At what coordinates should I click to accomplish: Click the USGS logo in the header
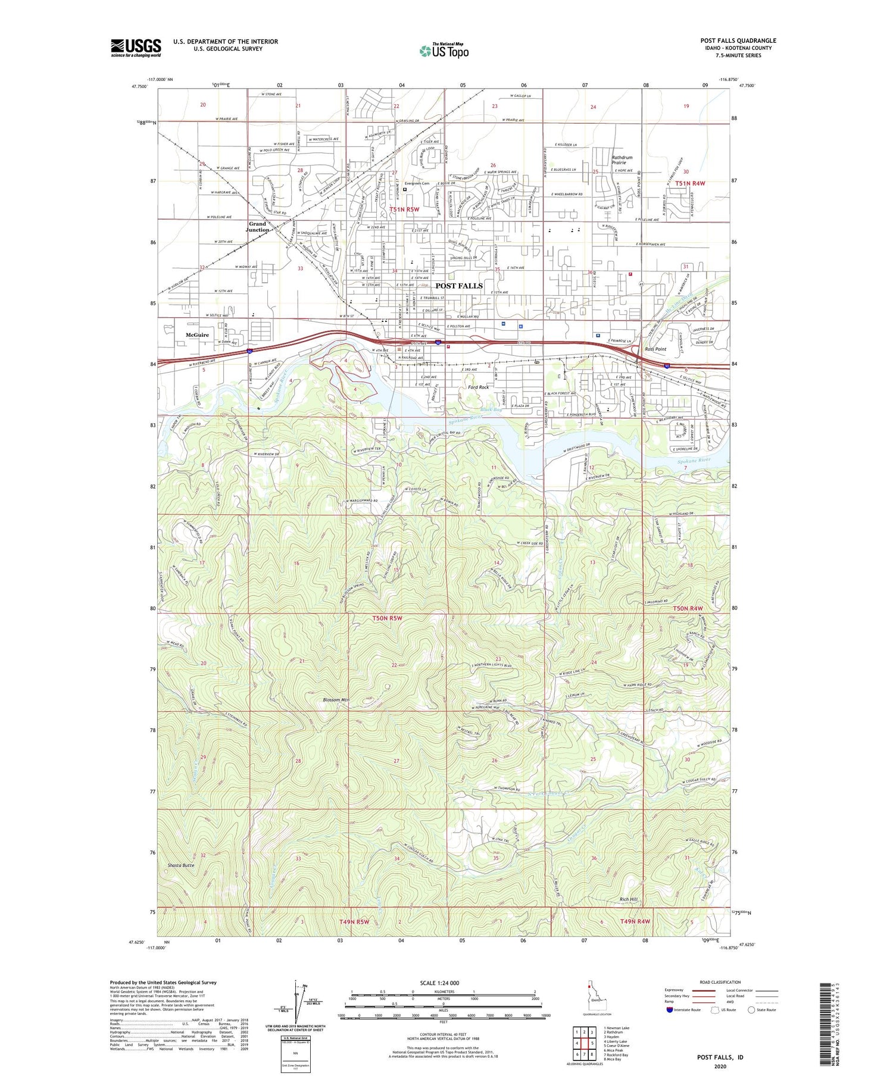pos(136,48)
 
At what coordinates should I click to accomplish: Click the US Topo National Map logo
pos(444,51)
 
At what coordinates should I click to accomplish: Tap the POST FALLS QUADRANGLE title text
pos(738,40)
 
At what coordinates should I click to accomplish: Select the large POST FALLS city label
pos(459,286)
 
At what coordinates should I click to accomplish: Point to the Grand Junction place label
pos(258,227)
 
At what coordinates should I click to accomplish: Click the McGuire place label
pos(197,335)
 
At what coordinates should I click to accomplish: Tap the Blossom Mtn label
pos(336,700)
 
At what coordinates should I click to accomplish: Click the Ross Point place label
pos(656,349)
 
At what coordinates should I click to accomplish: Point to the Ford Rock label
pos(478,387)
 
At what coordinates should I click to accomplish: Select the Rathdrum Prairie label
pos(622,160)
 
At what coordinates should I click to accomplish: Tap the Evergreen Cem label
pos(416,183)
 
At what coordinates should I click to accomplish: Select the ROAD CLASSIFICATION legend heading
pos(720,982)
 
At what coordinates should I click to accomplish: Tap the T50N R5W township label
pos(388,618)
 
